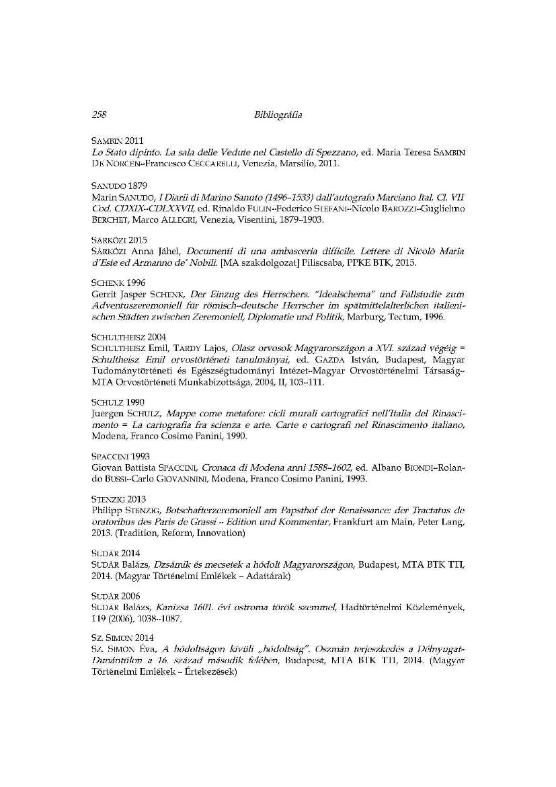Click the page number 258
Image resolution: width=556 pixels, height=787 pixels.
click(100, 115)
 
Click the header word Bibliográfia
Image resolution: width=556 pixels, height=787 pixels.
click(278, 115)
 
